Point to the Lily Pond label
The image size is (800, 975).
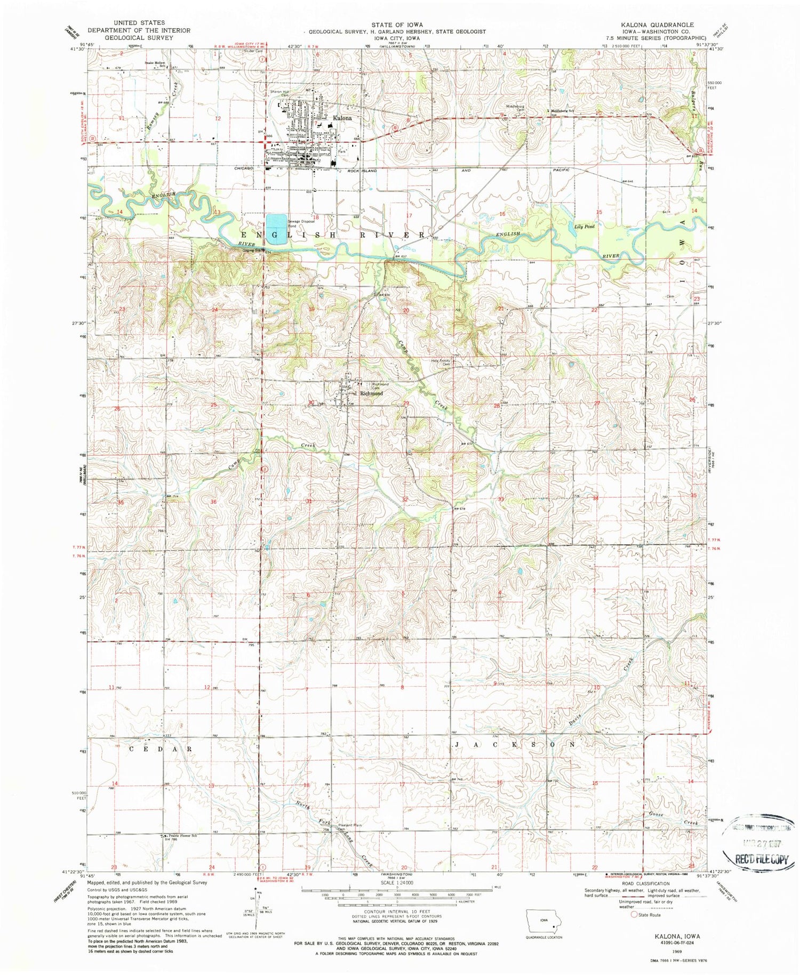pos(585,227)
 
